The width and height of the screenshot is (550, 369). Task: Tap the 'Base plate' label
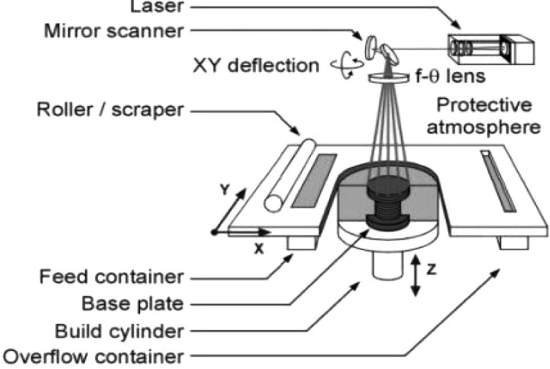(132, 304)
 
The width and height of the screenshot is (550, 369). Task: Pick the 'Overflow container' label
(94, 358)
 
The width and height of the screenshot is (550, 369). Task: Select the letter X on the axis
(259, 248)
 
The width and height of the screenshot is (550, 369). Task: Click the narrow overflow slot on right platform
(498, 180)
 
